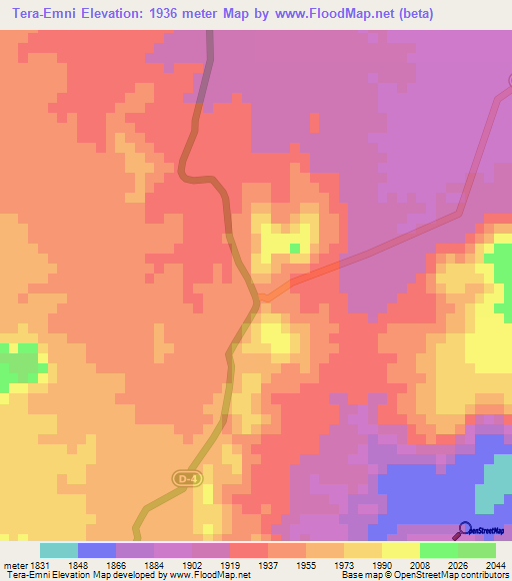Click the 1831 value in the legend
[39, 564]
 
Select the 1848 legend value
[77, 564]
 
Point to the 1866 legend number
[116, 564]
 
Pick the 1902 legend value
[192, 564]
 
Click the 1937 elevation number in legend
[268, 564]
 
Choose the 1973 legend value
[344, 564]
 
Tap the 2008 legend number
[420, 564]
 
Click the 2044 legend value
[496, 564]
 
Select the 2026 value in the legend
[458, 564]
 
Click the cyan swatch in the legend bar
[58, 550]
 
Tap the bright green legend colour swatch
[439, 550]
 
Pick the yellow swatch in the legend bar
[401, 550]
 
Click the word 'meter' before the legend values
[14, 564]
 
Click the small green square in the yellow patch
[294, 248]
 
